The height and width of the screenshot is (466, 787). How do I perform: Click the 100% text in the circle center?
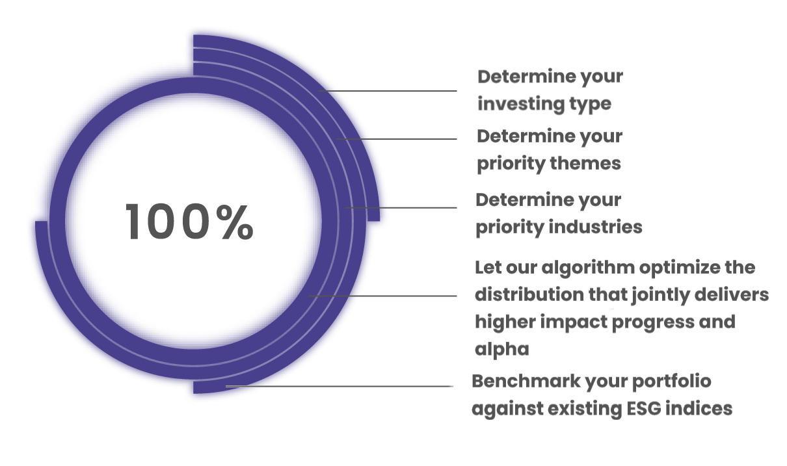click(x=189, y=222)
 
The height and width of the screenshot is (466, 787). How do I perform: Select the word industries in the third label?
click(x=596, y=227)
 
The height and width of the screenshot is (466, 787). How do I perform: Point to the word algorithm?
click(x=588, y=268)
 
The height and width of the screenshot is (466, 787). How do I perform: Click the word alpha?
click(x=501, y=350)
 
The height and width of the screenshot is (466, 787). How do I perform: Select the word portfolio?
click(x=671, y=382)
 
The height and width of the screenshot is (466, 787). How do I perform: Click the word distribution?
click(x=529, y=294)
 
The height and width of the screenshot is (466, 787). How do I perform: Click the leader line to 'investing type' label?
click(x=388, y=91)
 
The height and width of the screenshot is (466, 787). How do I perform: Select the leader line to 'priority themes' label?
click(x=397, y=139)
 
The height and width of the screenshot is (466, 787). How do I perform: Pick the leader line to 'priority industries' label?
click(x=401, y=208)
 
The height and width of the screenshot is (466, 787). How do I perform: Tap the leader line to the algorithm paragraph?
click(x=382, y=296)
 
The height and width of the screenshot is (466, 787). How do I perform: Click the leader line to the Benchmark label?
click(x=340, y=386)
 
